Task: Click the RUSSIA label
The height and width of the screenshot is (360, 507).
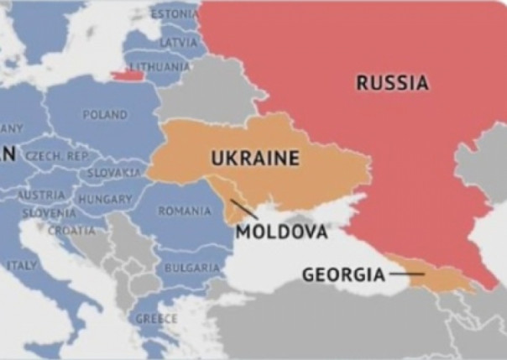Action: point(392,83)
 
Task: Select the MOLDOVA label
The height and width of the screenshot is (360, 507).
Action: point(280,231)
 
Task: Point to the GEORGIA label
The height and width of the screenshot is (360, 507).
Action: point(342,274)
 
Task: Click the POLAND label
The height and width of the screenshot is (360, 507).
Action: point(105,114)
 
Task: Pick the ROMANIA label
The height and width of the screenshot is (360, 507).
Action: point(186,211)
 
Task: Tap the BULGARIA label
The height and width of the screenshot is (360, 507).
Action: point(186,268)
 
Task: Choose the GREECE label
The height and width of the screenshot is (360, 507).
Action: point(156,319)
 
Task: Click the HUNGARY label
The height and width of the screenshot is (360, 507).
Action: point(105,200)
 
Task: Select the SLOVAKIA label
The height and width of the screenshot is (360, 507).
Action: point(115,172)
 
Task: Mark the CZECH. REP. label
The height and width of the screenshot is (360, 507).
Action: point(56,156)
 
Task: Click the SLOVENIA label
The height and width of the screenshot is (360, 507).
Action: point(48,213)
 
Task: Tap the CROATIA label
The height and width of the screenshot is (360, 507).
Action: point(71,230)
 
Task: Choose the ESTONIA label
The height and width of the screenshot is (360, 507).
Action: point(175,14)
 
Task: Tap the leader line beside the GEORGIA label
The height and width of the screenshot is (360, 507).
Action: point(407,274)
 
